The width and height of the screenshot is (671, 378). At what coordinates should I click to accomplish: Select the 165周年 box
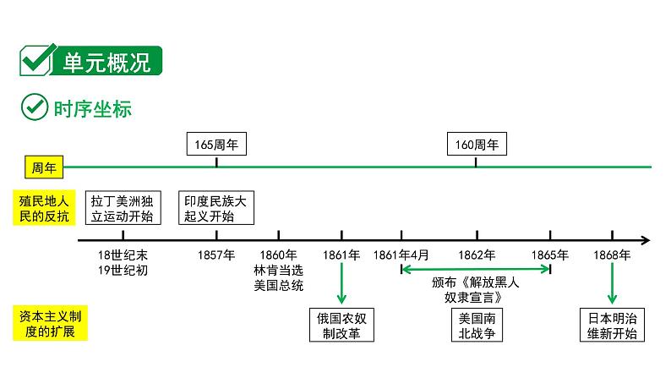pos(216,145)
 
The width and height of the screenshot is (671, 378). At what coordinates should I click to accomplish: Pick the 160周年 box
pos(477,145)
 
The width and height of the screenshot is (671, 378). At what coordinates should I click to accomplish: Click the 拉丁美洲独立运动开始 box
pos(123,208)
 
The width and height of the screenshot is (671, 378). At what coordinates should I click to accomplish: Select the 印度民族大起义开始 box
pos(217,208)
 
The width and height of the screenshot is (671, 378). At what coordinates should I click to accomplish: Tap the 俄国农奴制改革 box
pos(341,326)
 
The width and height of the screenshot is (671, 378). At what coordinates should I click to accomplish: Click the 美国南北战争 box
pos(477,326)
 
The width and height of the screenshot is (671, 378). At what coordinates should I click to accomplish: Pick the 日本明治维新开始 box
pos(612,326)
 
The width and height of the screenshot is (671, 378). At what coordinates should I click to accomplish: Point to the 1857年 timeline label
pos(216,255)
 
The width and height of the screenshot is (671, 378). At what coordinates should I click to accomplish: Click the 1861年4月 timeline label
pos(401,255)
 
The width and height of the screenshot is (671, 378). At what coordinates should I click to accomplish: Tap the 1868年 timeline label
pos(612,255)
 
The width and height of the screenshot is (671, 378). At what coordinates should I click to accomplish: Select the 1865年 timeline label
pos(550,255)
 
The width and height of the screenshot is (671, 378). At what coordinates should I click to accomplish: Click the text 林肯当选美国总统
pos(278,277)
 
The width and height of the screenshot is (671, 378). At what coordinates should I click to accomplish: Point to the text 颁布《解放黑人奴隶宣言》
pos(476,290)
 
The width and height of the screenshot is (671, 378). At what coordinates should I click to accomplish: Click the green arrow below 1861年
pos(341,283)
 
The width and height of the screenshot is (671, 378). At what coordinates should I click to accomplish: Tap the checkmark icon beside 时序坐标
pos(33,108)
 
